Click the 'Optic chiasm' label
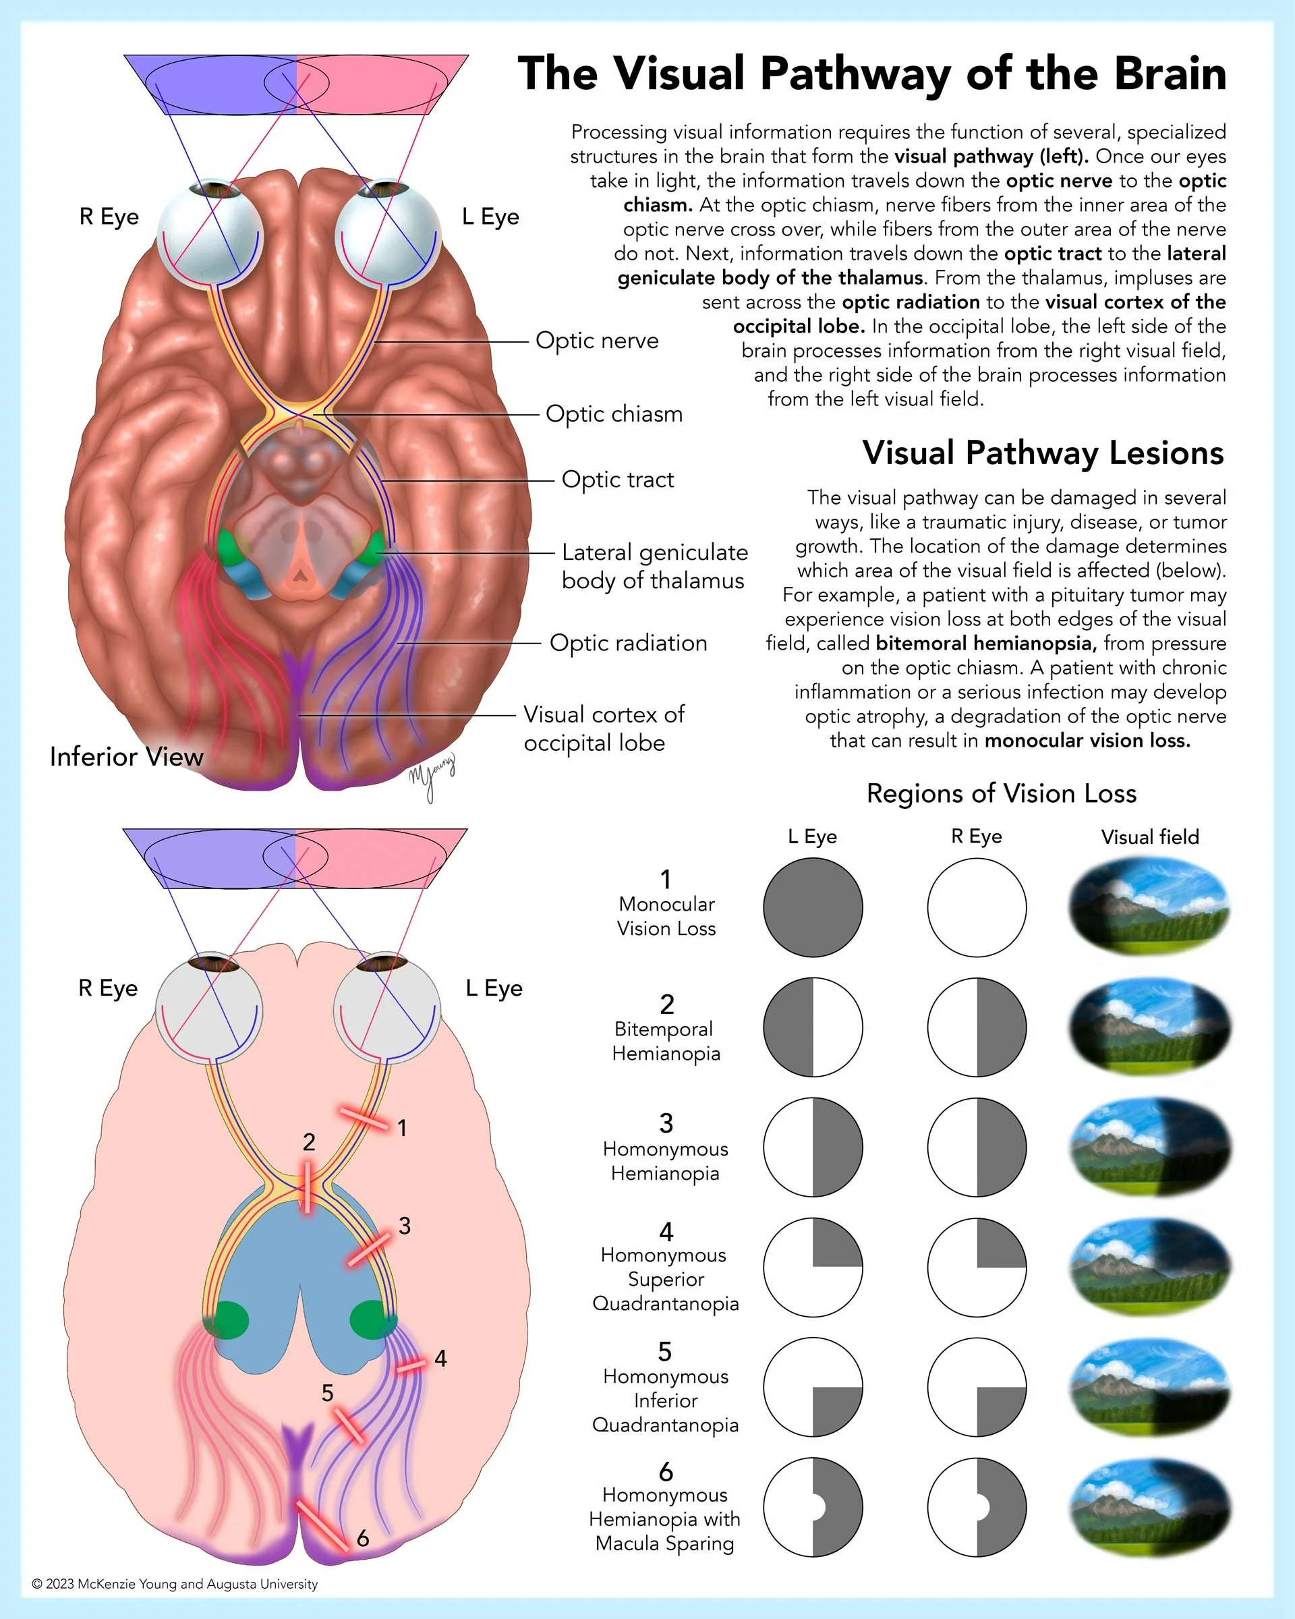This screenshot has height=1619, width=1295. pyautogui.click(x=613, y=414)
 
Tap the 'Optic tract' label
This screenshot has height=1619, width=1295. pyautogui.click(x=617, y=479)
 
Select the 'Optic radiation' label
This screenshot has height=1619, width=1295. pyautogui.click(x=628, y=643)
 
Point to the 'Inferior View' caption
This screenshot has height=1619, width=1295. pyautogui.click(x=126, y=756)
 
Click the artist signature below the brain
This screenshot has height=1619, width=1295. pyautogui.click(x=432, y=777)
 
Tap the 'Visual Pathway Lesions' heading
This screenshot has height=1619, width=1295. pyautogui.click(x=1043, y=453)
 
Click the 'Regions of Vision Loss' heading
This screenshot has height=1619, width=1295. pyautogui.click(x=1001, y=793)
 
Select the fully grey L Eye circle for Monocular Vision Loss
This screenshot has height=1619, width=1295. pyautogui.click(x=812, y=907)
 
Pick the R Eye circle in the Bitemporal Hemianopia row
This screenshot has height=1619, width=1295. pyautogui.click(x=977, y=1027)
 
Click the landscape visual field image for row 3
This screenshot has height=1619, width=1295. pyautogui.click(x=1149, y=1147)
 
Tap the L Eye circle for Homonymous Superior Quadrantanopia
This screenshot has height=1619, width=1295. pyautogui.click(x=812, y=1267)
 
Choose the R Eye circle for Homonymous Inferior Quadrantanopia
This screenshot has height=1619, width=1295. pyautogui.click(x=977, y=1386)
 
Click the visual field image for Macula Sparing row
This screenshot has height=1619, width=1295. pyautogui.click(x=1149, y=1506)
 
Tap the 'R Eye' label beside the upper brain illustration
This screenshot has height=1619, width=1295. pyautogui.click(x=109, y=217)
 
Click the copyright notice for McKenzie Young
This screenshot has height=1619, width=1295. pyautogui.click(x=175, y=1584)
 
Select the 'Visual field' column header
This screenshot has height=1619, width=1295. pyautogui.click(x=1149, y=836)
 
